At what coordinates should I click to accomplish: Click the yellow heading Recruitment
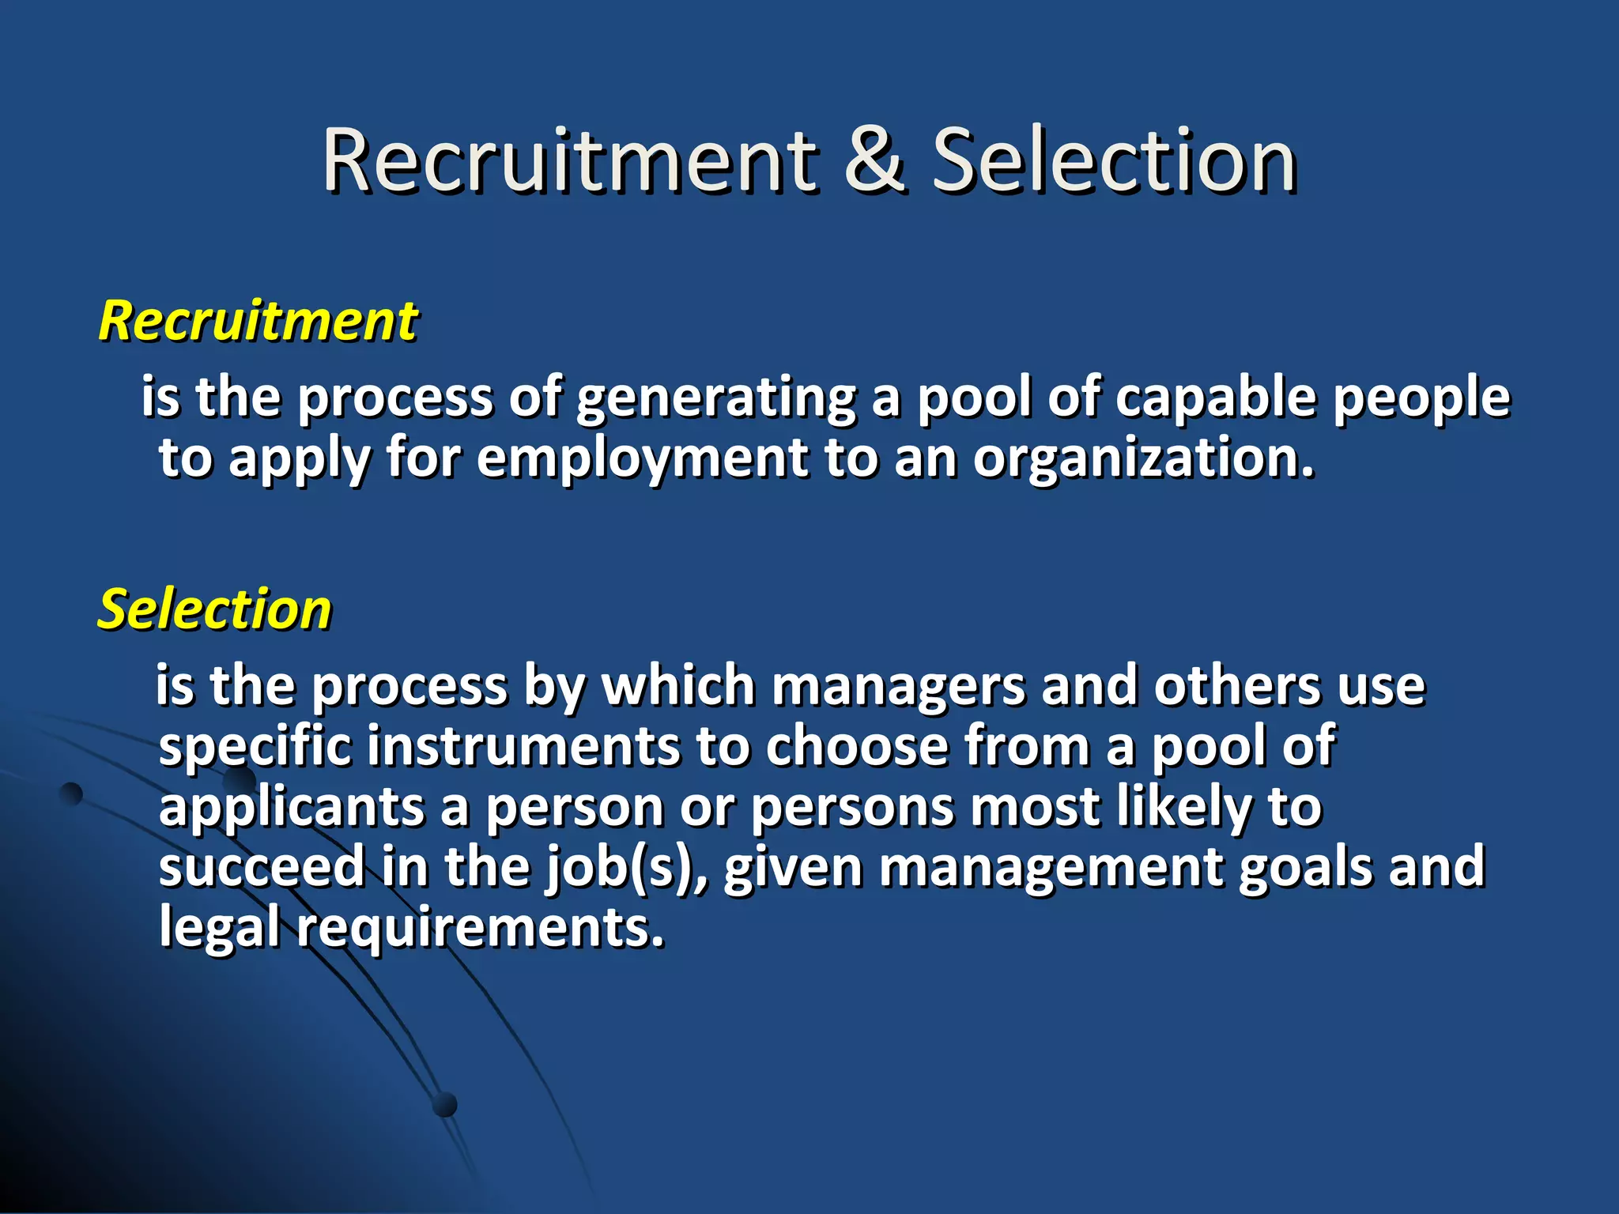(x=258, y=322)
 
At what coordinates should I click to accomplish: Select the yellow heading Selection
(x=214, y=610)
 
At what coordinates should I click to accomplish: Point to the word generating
(x=715, y=398)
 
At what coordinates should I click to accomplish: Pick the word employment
(x=643, y=458)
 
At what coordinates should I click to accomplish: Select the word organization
(x=1143, y=458)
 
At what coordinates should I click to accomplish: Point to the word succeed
(x=261, y=867)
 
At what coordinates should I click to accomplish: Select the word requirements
(x=481, y=928)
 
